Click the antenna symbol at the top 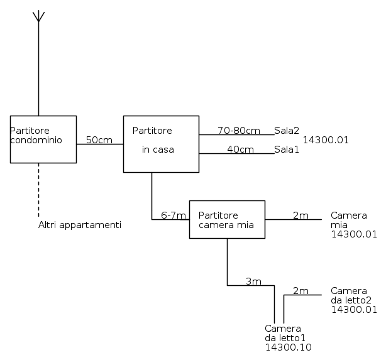38,16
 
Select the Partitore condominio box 43,139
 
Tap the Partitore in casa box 160,143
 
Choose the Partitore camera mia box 227,219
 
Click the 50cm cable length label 99,139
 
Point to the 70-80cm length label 238,131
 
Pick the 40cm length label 240,150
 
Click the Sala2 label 287,131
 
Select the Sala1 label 287,150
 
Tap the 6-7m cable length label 174,215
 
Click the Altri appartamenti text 80,225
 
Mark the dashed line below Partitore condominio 38,188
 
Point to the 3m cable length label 253,281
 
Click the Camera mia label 349,220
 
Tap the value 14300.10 289,347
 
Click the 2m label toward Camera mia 301,215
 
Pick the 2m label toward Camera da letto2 301,291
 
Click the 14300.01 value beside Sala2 326,140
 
